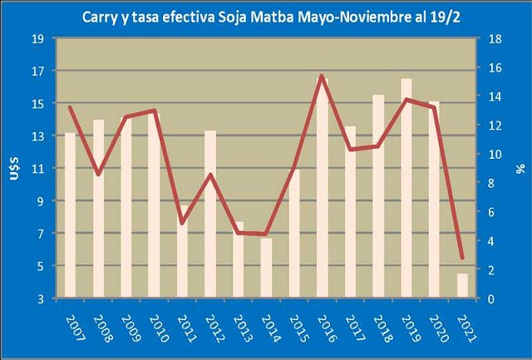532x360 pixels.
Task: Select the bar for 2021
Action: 462,285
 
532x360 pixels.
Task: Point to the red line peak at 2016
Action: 322,76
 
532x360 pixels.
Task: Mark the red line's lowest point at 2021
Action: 462,259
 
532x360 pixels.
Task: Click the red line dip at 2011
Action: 182,223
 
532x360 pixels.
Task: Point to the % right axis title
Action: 520,169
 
